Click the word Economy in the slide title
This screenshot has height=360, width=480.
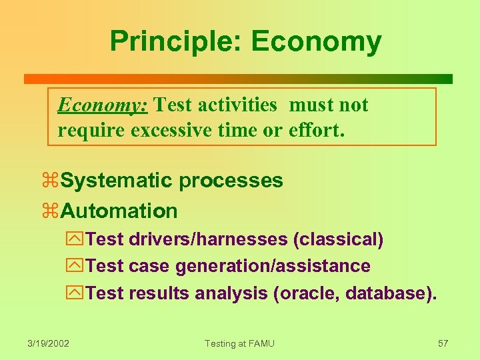point(316,41)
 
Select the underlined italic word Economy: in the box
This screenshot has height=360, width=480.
point(103,105)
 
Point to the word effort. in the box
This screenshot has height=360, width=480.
point(317,130)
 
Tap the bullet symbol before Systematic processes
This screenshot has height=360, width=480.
point(51,181)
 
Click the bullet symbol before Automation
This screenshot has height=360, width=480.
point(51,212)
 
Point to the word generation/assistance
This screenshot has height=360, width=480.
point(273,267)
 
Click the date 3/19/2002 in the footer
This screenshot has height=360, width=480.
point(49,343)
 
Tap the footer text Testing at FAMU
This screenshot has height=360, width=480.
point(239,343)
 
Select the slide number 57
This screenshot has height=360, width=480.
point(443,343)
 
